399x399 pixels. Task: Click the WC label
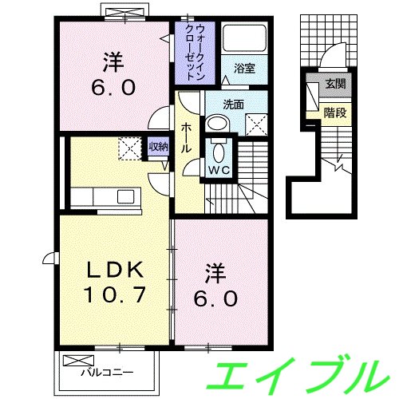pyautogui.click(x=219, y=170)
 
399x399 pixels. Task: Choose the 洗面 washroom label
pyautogui.click(x=233, y=103)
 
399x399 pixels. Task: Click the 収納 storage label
pyautogui.click(x=158, y=146)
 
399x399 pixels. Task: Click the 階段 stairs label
pyautogui.click(x=335, y=113)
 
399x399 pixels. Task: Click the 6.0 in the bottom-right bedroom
pyautogui.click(x=214, y=297)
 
